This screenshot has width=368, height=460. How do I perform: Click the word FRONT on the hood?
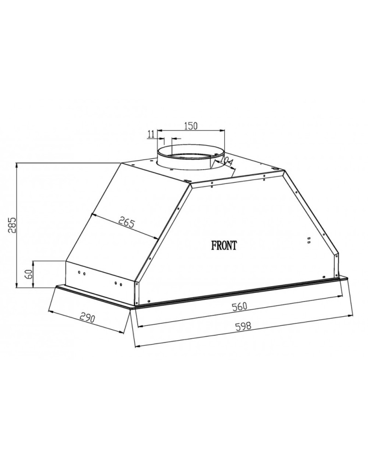click(224, 245)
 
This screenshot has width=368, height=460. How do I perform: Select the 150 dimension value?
click(191, 126)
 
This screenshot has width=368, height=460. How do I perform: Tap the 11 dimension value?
click(151, 134)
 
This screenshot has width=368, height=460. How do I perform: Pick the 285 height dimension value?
click(12, 225)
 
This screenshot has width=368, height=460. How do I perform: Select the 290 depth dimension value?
click(87, 318)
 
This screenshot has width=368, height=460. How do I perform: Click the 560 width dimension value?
click(240, 306)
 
